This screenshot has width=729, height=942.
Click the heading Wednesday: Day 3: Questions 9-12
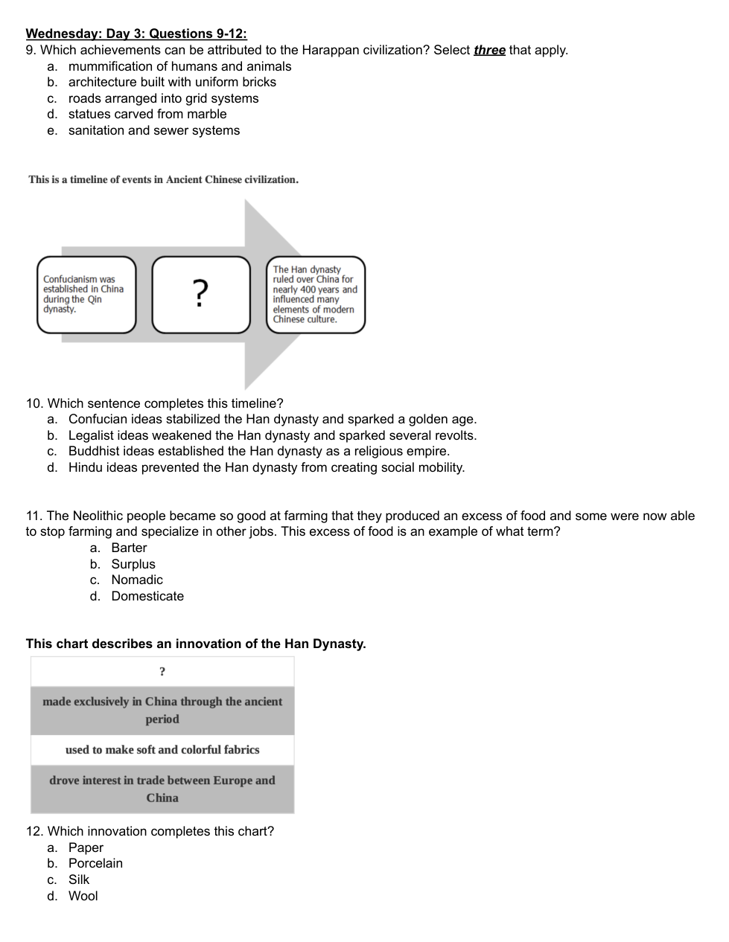[136, 33]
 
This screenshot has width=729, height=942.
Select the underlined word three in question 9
[489, 50]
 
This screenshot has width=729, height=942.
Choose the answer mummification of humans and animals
[179, 66]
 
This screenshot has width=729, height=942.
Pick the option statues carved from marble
[147, 114]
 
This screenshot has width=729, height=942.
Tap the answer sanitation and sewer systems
[154, 130]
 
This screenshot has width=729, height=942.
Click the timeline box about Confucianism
[86, 295]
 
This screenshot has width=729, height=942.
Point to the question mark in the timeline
[200, 293]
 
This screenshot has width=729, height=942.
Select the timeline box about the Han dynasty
[316, 295]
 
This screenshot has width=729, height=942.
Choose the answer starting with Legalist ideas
[273, 435]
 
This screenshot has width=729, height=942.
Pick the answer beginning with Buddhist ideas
[259, 451]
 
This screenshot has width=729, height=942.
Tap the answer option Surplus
[133, 564]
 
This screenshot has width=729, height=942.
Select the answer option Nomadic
[137, 580]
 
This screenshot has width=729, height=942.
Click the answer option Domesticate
[147, 596]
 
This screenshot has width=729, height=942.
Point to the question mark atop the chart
[162, 672]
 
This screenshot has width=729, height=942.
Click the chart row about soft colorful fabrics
[162, 750]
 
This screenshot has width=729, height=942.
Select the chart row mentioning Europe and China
[162, 789]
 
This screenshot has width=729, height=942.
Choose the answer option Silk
[79, 879]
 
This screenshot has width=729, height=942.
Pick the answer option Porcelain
[95, 863]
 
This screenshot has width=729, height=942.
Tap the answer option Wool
[83, 896]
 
